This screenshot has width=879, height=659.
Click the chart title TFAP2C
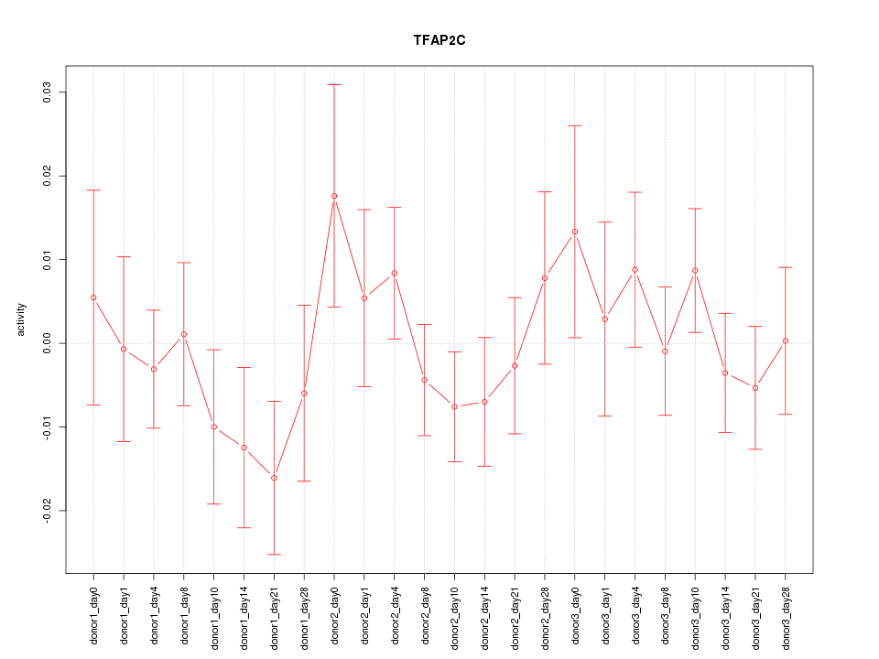pyautogui.click(x=439, y=41)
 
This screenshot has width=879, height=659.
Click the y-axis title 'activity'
pyautogui.click(x=21, y=319)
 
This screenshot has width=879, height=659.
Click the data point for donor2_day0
pyautogui.click(x=334, y=196)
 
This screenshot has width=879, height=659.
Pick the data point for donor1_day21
pyautogui.click(x=274, y=478)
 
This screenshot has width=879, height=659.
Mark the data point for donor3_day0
pyautogui.click(x=575, y=232)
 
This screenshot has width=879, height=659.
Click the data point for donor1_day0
pyautogui.click(x=93, y=297)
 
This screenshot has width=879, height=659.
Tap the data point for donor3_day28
pyautogui.click(x=786, y=340)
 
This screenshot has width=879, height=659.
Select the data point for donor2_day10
pyautogui.click(x=454, y=406)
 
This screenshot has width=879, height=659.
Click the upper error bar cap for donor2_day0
pyautogui.click(x=334, y=84)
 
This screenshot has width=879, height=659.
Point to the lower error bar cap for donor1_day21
pyautogui.click(x=274, y=555)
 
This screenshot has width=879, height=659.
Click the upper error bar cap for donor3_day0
pyautogui.click(x=575, y=125)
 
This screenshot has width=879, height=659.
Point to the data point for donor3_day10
pyautogui.click(x=695, y=271)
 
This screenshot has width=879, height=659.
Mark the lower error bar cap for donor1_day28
pyautogui.click(x=304, y=481)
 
